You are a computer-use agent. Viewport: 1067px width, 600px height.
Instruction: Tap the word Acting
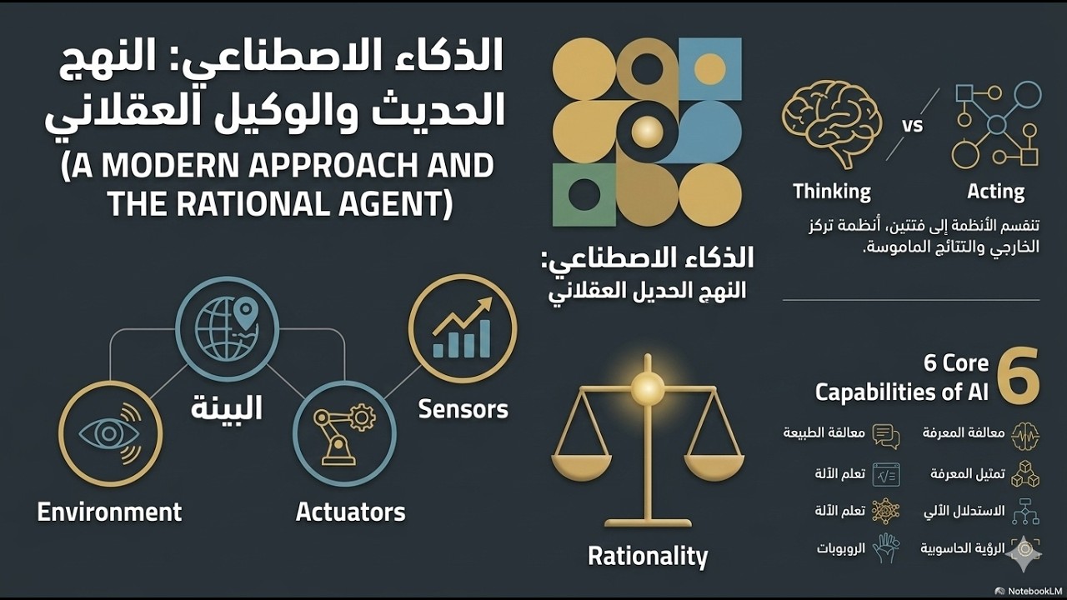pos(995,192)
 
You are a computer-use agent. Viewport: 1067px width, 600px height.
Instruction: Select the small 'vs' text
pos(913,126)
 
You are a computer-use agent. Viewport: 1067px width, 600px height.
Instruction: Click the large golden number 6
pos(1018,376)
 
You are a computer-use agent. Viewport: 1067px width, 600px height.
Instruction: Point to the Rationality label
pos(647,556)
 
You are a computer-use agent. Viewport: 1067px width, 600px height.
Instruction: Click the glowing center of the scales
pos(648,386)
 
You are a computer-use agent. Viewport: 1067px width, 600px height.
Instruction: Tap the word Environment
pos(109,511)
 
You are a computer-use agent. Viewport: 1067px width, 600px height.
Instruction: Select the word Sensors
pos(463,409)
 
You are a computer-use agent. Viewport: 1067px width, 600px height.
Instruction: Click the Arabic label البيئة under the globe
pos(226,408)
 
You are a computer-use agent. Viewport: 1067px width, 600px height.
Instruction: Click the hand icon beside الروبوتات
pos(885,548)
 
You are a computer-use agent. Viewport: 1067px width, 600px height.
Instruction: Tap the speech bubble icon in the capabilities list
pos(885,435)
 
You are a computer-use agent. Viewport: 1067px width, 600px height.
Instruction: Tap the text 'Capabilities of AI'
pos(901,392)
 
